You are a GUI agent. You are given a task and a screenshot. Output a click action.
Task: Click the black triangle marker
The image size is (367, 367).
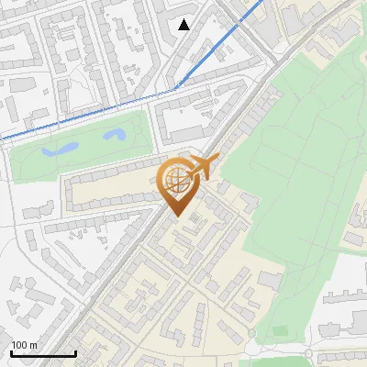(184, 25)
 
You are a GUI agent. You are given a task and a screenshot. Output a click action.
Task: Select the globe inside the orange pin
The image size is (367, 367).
(174, 182)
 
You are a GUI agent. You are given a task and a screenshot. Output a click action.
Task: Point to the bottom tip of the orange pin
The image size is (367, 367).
(177, 216)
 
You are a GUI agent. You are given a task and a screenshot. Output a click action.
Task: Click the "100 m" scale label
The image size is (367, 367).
(25, 345)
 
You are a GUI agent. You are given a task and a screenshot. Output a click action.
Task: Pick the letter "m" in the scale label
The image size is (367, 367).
(33, 345)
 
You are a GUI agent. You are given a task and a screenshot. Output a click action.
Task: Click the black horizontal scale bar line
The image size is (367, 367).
(43, 353)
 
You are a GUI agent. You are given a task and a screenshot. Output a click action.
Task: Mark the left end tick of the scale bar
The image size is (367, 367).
(11, 351)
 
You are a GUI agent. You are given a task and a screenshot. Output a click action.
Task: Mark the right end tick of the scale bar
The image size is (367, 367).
(75, 351)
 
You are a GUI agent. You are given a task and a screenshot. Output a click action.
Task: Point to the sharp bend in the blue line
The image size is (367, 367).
(176, 88)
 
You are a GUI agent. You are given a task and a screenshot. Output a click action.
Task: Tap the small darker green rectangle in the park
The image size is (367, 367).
(280, 330)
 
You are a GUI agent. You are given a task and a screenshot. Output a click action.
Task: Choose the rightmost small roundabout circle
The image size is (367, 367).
(309, 354)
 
